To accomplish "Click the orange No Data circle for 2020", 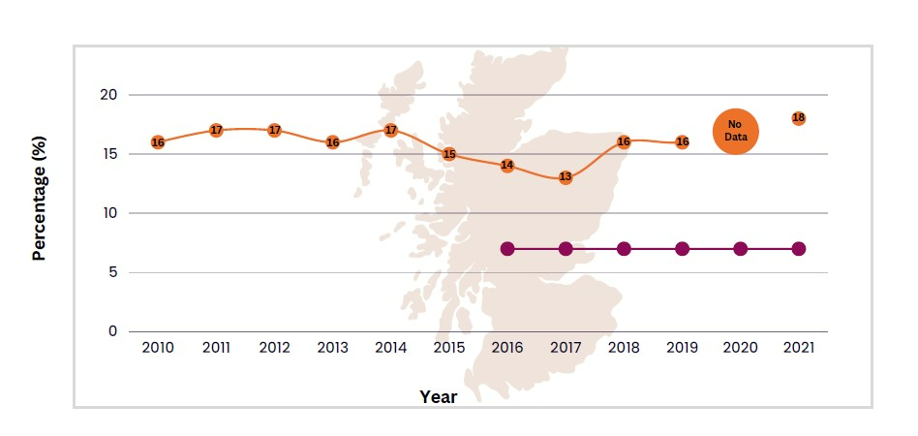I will click(736, 131).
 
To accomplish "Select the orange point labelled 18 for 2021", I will click(798, 118).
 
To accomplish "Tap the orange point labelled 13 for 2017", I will click(566, 177).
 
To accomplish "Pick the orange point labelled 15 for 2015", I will click(449, 154).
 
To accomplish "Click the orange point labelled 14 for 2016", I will click(507, 166).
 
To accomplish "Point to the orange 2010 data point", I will click(158, 142).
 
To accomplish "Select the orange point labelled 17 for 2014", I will click(391, 130).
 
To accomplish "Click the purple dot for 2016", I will click(507, 249).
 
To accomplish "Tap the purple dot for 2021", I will click(798, 249).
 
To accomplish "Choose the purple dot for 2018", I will click(624, 249).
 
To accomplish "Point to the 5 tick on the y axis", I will click(111, 272).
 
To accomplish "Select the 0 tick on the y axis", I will click(111, 331).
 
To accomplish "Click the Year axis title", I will click(438, 396).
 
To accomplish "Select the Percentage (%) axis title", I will click(40, 212).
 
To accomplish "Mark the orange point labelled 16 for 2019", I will click(682, 142).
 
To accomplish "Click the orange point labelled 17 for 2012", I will click(274, 130).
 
